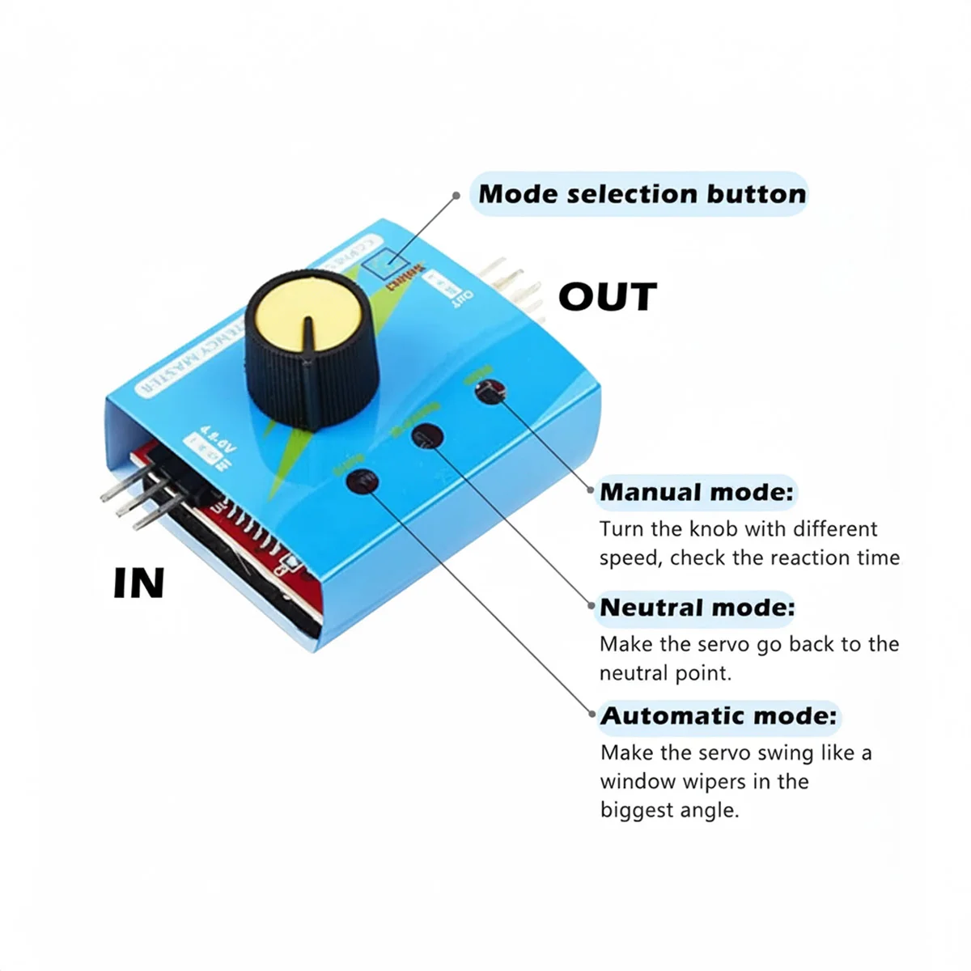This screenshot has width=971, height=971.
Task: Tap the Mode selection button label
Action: [642, 194]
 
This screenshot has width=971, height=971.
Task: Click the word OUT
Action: [608, 297]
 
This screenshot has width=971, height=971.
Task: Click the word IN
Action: [139, 583]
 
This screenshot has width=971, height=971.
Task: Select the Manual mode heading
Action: [697, 492]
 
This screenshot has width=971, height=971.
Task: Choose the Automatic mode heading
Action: [719, 716]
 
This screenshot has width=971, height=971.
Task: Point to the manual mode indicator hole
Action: [488, 393]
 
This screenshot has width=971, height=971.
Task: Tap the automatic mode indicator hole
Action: [362, 481]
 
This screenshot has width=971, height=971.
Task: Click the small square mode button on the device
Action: [385, 264]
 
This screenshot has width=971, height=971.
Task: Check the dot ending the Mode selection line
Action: [456, 195]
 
